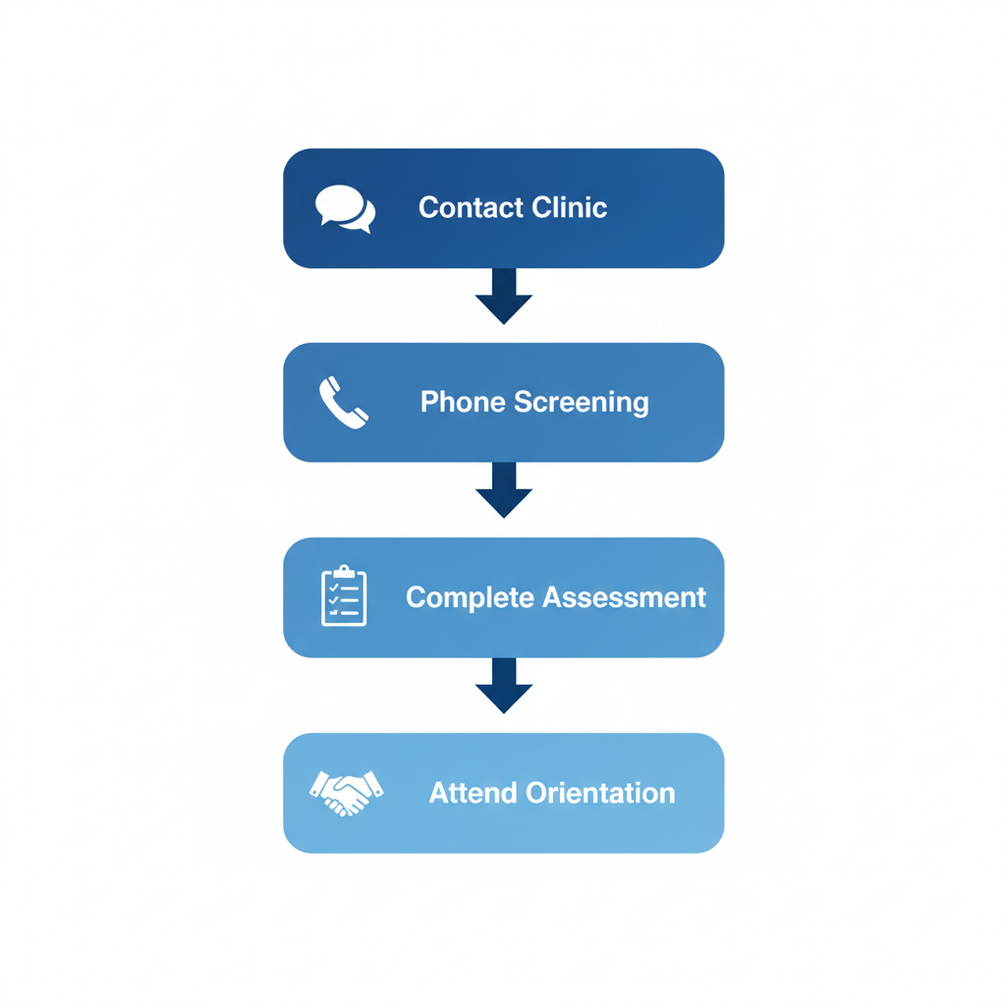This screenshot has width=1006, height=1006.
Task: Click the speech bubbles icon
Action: tap(345, 208)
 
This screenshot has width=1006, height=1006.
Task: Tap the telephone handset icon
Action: tap(344, 403)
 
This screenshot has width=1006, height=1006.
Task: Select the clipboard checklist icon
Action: tap(344, 596)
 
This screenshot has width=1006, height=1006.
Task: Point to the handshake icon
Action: tap(346, 792)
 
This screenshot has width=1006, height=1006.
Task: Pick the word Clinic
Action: tap(569, 208)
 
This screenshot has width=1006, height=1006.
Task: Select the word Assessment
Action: tap(624, 597)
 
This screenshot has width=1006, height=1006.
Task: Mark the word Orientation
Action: tap(600, 793)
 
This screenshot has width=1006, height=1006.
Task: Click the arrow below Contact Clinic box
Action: tap(504, 296)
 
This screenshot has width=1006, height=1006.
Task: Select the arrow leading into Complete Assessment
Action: tap(504, 490)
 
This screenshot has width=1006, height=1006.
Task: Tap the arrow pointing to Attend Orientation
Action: tap(504, 685)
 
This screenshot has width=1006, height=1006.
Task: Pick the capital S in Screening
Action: tap(524, 403)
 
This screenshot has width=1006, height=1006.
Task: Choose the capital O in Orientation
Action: tap(536, 793)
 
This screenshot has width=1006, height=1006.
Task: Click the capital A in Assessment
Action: tap(553, 597)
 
